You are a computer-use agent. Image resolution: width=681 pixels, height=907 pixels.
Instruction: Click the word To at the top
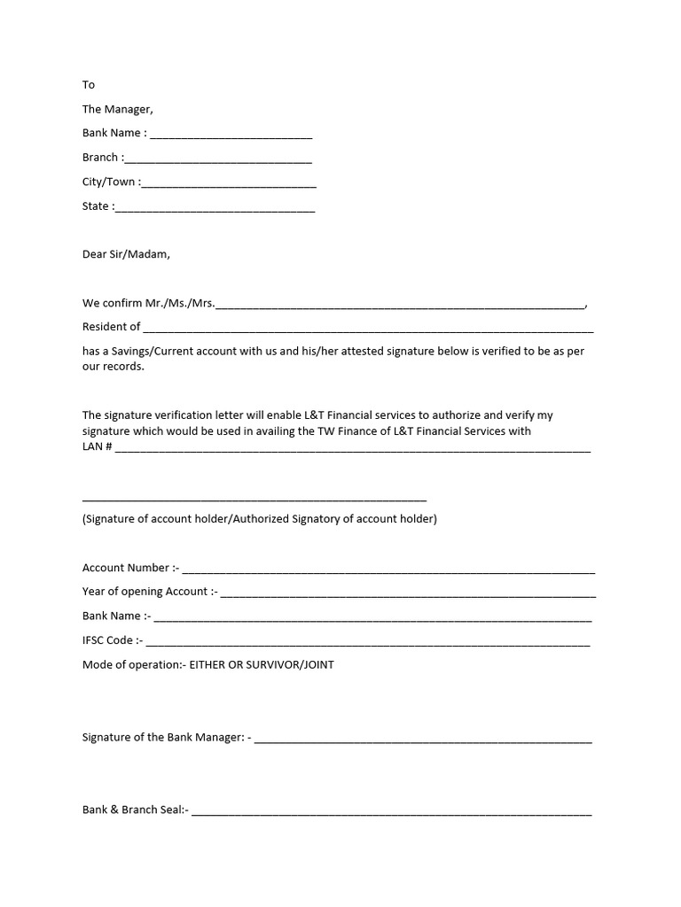(89, 85)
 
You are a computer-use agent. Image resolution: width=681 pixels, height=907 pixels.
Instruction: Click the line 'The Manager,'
(118, 109)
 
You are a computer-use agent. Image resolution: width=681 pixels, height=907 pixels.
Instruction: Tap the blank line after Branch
(218, 160)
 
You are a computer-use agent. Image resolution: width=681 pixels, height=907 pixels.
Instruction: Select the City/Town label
(109, 182)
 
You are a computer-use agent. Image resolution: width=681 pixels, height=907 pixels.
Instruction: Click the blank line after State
(215, 209)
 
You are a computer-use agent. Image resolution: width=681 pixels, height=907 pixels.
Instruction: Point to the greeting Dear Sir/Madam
(126, 254)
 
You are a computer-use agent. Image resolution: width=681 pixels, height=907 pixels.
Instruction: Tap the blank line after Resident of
(368, 329)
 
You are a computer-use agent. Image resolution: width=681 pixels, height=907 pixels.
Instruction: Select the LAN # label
(97, 447)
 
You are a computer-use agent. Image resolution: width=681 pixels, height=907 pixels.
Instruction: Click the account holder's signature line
(254, 499)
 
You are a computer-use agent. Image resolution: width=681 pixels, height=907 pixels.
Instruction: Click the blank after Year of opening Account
(408, 594)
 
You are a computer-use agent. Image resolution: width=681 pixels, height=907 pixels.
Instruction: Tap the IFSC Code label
(112, 640)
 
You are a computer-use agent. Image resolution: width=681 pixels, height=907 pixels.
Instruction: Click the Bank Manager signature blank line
(423, 740)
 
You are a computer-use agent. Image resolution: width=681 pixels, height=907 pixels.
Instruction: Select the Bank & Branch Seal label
(135, 810)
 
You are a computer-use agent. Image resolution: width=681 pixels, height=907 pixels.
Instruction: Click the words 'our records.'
(113, 367)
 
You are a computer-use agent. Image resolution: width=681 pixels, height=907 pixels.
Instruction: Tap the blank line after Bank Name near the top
(231, 136)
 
